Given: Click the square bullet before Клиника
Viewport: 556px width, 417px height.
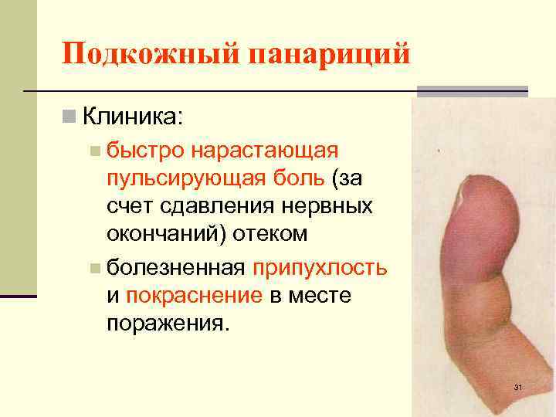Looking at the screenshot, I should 69,117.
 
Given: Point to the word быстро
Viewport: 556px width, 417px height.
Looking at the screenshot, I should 137,148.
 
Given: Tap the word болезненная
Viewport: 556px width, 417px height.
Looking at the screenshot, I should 175,267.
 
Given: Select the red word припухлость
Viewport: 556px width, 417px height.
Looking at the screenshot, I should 320,267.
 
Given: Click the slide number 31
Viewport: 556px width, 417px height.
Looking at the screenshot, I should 518,387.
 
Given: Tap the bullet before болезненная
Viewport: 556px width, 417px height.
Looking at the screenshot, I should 93,268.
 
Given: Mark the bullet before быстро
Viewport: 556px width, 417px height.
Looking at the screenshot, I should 93,149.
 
